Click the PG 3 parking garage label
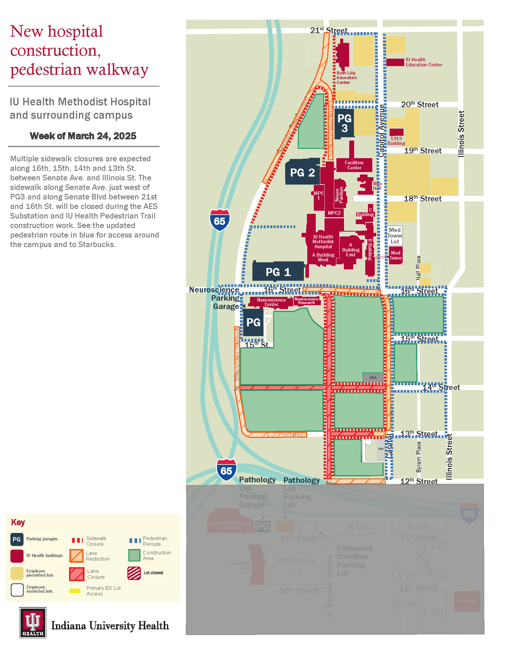[x=344, y=123]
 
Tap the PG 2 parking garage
[x=302, y=172]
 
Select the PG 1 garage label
[x=278, y=272]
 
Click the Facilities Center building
[x=354, y=165]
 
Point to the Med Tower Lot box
[x=395, y=236]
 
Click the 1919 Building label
[x=396, y=141]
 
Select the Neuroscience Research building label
[x=306, y=301]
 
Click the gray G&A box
[x=373, y=377]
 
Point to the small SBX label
[x=381, y=449]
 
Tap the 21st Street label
[x=329, y=30]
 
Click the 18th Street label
[x=422, y=199]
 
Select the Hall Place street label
[x=418, y=268]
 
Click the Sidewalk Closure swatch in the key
[x=77, y=540]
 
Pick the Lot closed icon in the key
[x=134, y=573]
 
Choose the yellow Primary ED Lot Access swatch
[x=75, y=591]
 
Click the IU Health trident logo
[x=33, y=622]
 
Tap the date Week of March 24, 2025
[x=83, y=136]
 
